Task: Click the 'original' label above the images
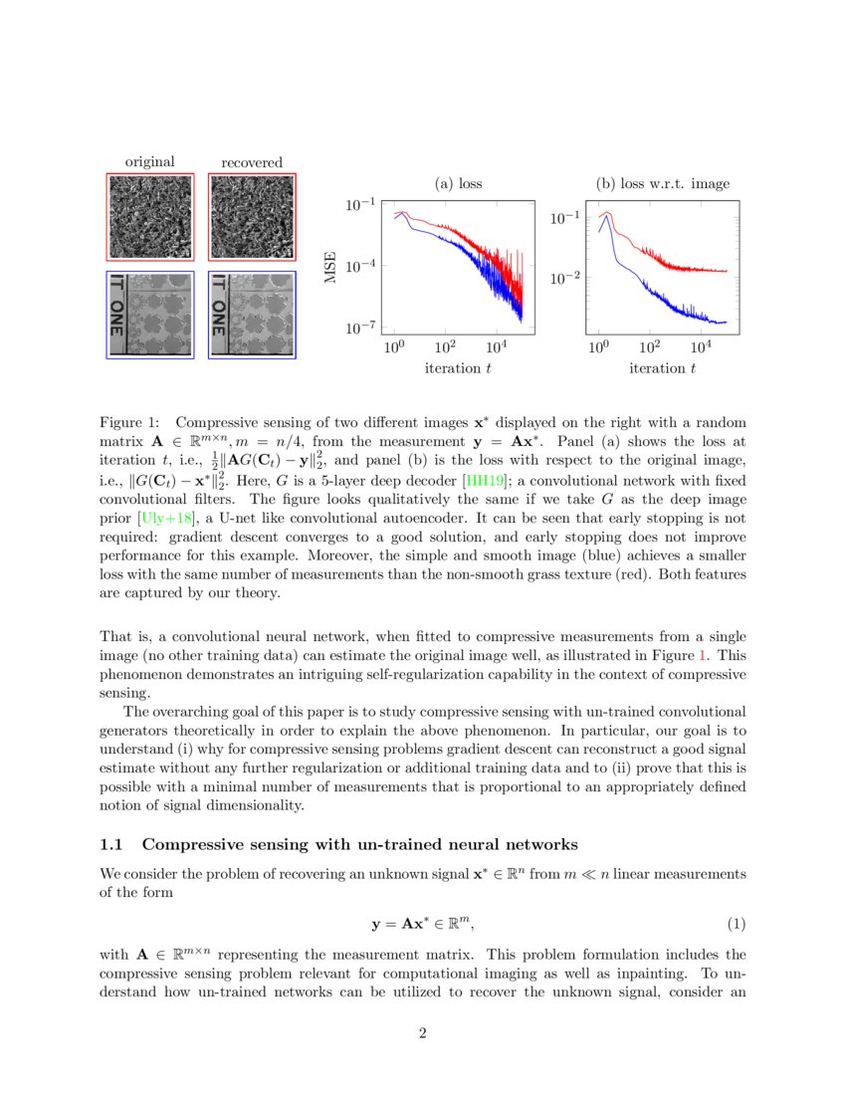[149, 162]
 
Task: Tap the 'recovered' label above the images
[252, 162]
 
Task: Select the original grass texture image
[149, 217]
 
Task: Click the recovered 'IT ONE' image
[252, 315]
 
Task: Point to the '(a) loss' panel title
[459, 183]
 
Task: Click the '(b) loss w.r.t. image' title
[662, 183]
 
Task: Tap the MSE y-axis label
[331, 266]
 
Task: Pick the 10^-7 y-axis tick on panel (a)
[359, 328]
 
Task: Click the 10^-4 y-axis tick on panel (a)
[359, 266]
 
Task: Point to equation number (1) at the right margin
[736, 923]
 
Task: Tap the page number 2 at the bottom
[423, 1033]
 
